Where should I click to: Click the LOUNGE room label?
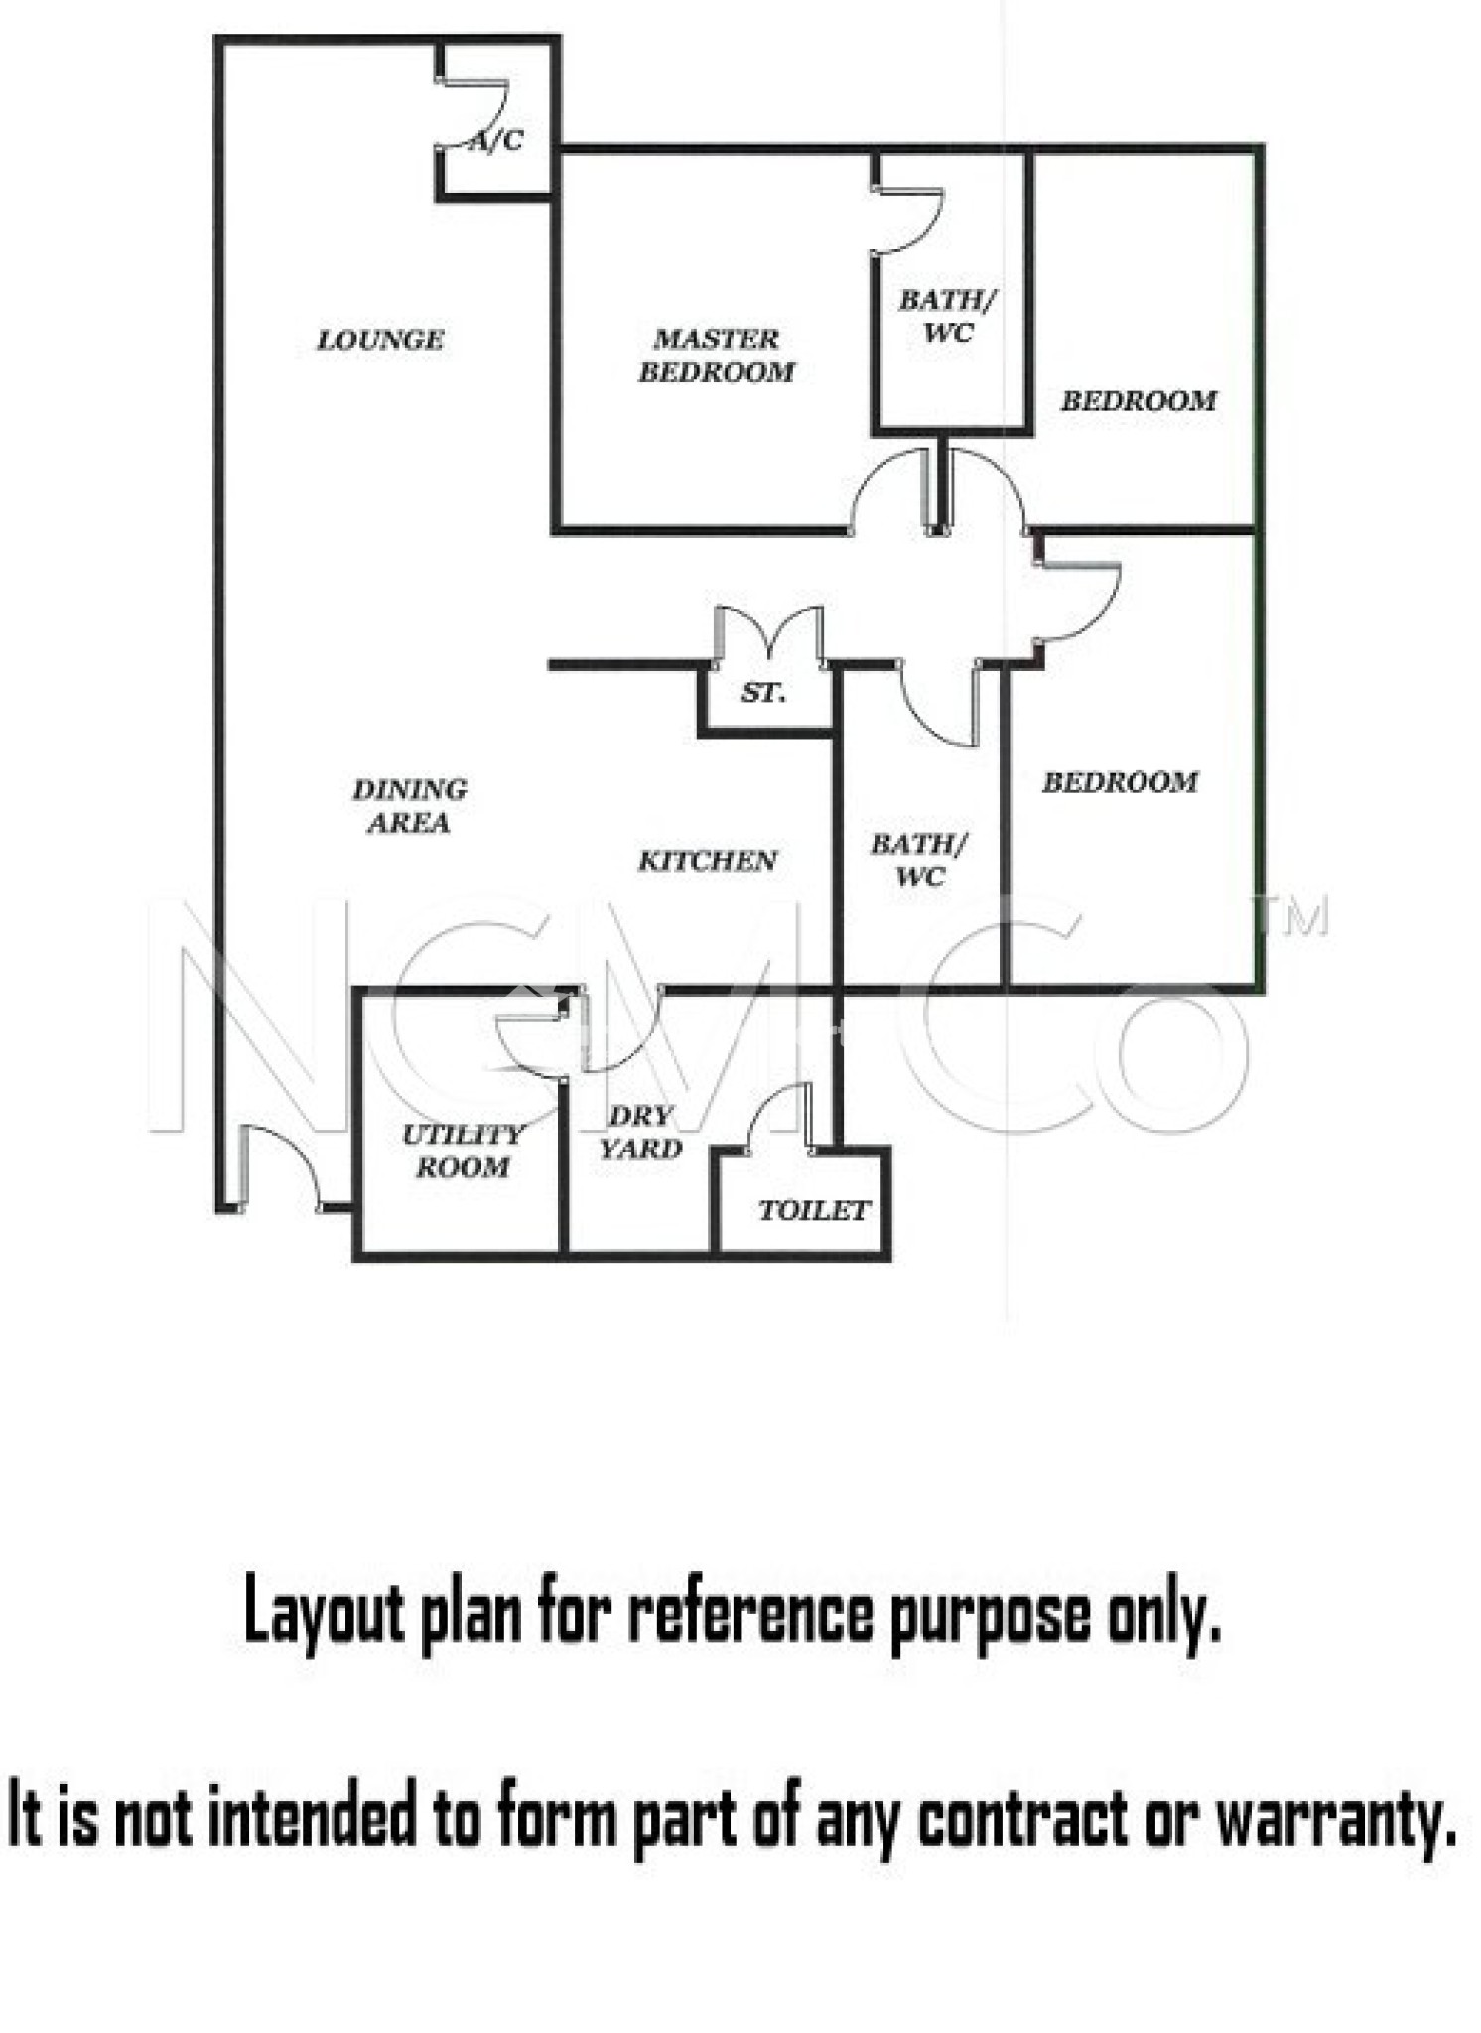380,340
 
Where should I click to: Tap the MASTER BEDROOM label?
716,355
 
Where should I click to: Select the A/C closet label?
496,141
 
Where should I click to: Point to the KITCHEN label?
707,861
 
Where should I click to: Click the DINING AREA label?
409,806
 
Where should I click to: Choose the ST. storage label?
763,693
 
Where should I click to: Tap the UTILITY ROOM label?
463,1152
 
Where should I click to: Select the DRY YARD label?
641,1133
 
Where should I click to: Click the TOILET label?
814,1211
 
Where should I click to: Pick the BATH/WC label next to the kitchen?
919,861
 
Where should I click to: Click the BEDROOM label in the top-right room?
1139,401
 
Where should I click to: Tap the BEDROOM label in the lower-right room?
1120,782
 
